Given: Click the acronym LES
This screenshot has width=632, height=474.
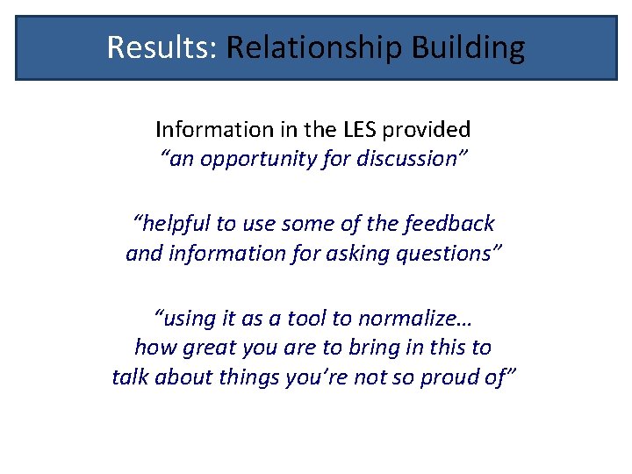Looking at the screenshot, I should pyautogui.click(x=353, y=130).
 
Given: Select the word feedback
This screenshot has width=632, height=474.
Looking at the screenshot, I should pyautogui.click(x=451, y=224).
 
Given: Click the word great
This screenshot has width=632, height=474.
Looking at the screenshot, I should pyautogui.click(x=207, y=348).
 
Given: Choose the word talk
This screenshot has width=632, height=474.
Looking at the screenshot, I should pyautogui.click(x=131, y=377).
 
